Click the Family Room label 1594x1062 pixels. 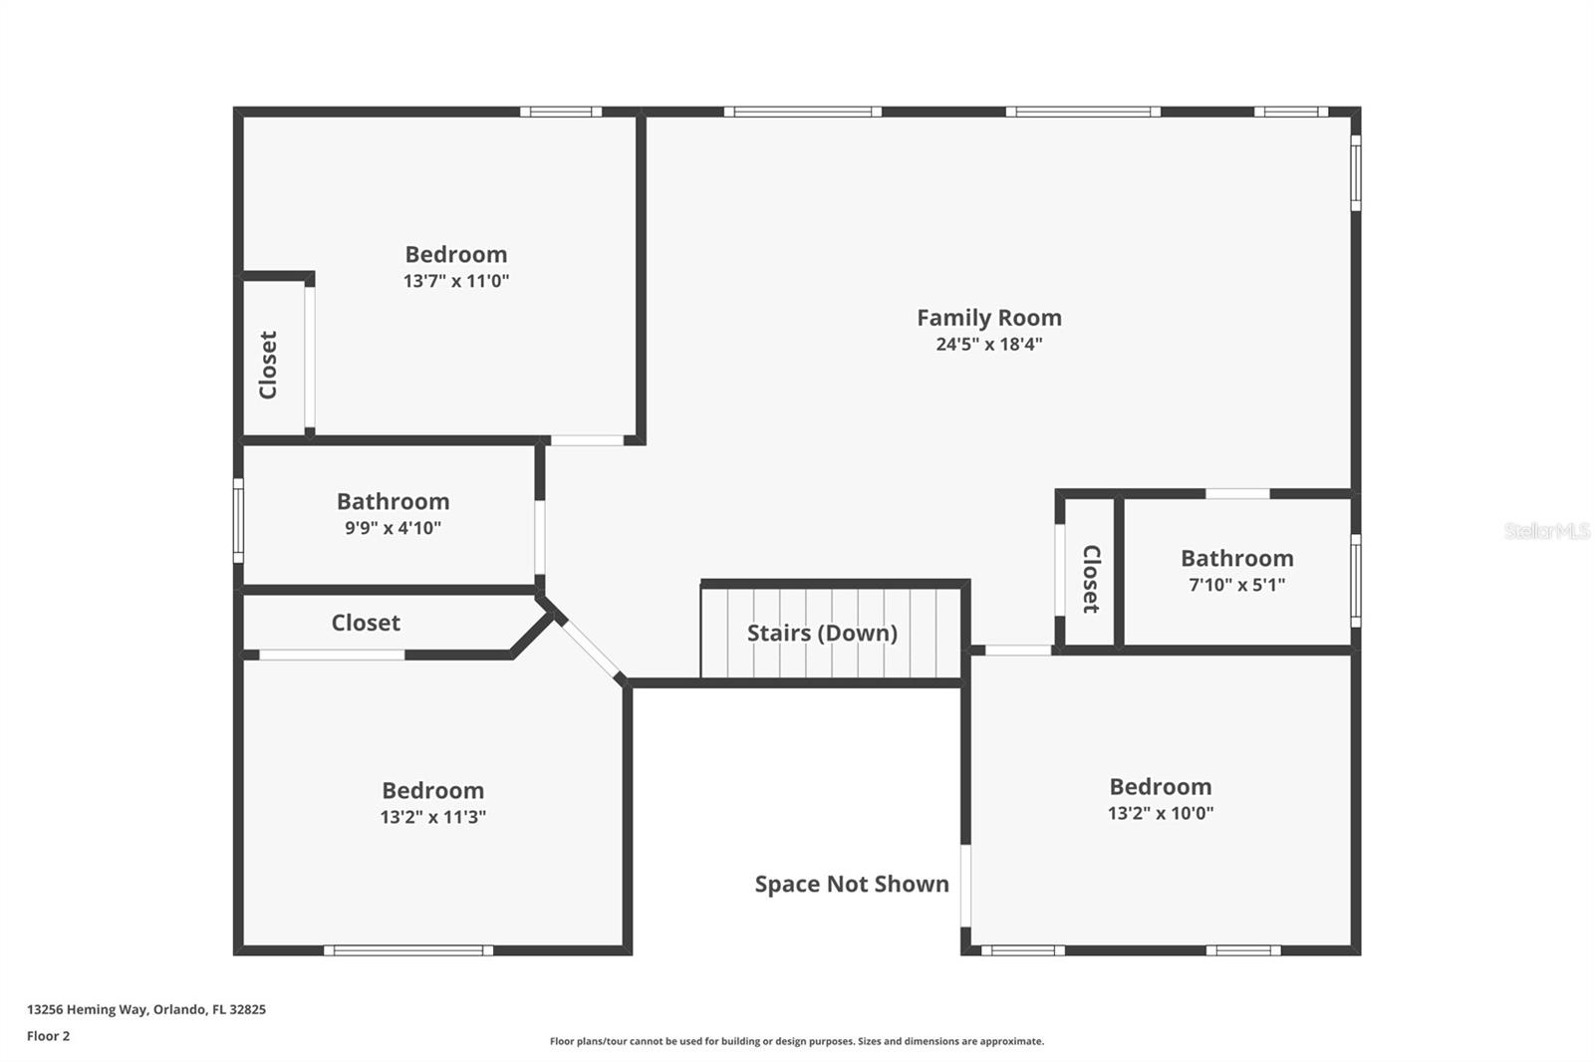tap(989, 318)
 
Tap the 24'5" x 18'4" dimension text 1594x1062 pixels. tap(989, 345)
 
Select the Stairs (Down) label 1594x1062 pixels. tap(822, 633)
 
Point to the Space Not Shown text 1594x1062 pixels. tap(852, 884)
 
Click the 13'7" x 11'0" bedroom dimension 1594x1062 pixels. tap(456, 281)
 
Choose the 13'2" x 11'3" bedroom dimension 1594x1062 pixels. tap(432, 817)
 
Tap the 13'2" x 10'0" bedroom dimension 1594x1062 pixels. tap(1161, 813)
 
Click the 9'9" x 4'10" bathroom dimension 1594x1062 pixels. tap(393, 528)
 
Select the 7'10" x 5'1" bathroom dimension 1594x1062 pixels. tap(1236, 585)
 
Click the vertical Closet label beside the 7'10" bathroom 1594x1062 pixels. tap(1091, 579)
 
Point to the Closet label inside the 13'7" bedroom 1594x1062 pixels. tap(268, 365)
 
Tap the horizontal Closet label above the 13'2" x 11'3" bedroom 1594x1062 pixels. tap(366, 623)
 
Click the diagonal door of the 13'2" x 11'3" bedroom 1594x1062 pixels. tap(592, 650)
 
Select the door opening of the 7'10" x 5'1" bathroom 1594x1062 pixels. tap(1237, 494)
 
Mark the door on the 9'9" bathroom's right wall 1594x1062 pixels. tap(540, 537)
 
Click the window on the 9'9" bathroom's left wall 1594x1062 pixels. tap(238, 521)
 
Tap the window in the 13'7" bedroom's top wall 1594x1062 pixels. tap(561, 112)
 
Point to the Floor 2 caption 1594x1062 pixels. tap(49, 1036)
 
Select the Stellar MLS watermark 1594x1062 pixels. tap(1547, 531)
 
